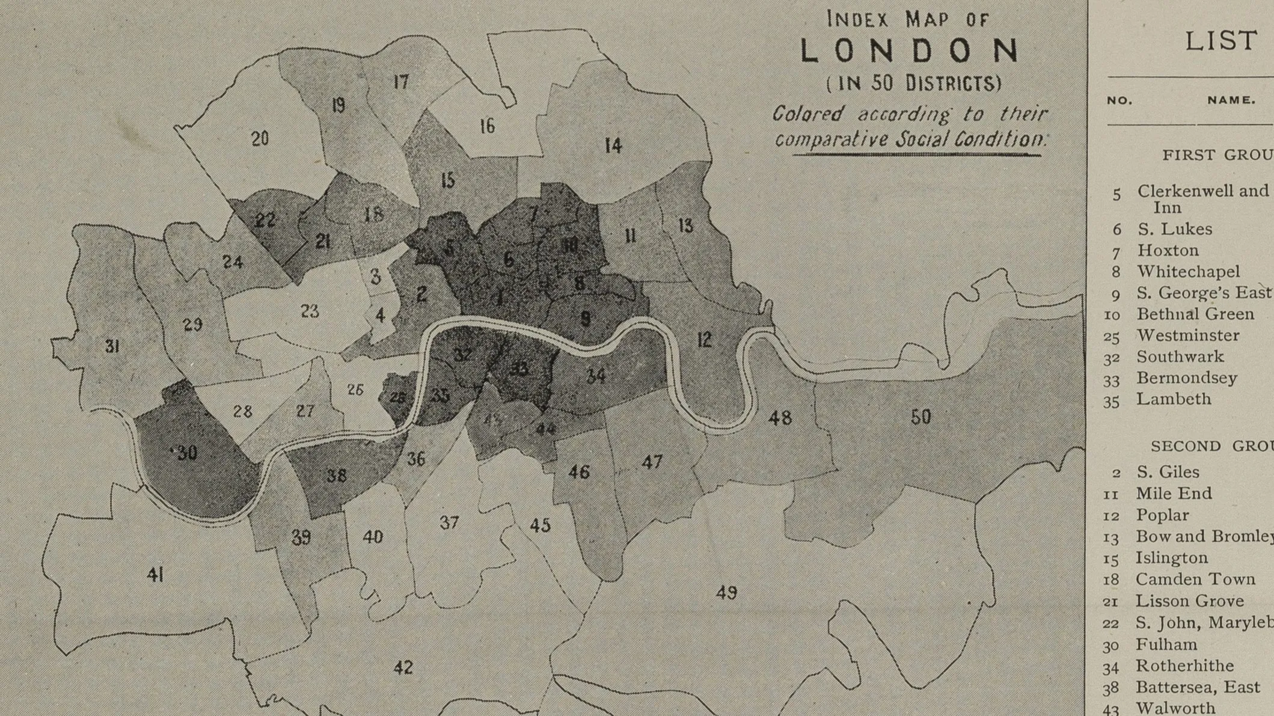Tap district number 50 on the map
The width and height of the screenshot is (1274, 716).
coord(920,417)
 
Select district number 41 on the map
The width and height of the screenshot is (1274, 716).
coord(155,575)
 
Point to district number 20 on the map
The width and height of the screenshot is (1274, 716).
coord(260,139)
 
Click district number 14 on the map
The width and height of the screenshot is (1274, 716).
coord(613,145)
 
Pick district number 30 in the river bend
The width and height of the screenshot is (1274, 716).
coord(187,453)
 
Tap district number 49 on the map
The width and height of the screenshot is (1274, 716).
coord(726,593)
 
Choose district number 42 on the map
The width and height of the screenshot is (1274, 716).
coord(403,667)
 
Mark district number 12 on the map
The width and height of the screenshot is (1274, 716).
coord(704,340)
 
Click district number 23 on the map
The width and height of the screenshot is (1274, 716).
coord(310,311)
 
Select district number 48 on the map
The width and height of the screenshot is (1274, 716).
coord(780,417)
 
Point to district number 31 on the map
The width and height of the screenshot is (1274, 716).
coord(112,346)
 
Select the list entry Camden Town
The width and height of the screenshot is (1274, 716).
coord(1195,580)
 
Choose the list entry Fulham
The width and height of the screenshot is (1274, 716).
coord(1166,644)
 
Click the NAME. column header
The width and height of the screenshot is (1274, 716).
coord(1231,101)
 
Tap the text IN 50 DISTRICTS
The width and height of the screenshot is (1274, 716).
coord(914,82)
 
